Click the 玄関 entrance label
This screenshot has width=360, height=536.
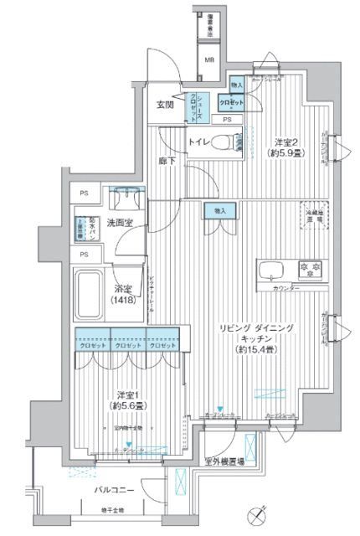tap(165, 106)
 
